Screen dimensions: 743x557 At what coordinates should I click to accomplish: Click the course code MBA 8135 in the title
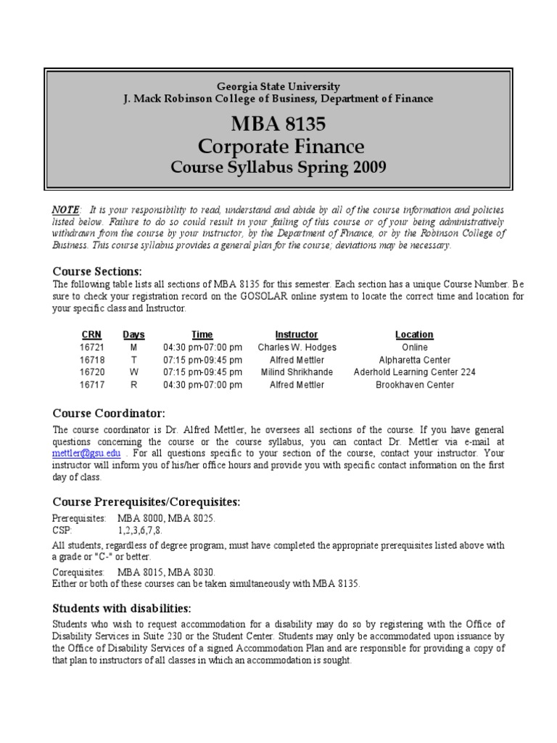pyautogui.click(x=278, y=123)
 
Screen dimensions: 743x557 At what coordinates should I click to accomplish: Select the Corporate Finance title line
pyautogui.click(x=278, y=146)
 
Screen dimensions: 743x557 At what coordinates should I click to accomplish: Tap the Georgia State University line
pyautogui.click(x=278, y=86)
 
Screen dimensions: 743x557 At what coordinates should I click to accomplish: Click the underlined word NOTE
pyautogui.click(x=65, y=209)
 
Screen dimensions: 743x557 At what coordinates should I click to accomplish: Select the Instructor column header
pyautogui.click(x=297, y=334)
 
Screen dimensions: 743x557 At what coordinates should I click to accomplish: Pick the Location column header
pyautogui.click(x=414, y=334)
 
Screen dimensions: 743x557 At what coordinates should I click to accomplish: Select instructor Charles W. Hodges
pyautogui.click(x=297, y=348)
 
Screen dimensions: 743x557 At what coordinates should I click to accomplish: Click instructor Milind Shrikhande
pyautogui.click(x=297, y=372)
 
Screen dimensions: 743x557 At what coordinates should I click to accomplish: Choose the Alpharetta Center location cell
pyautogui.click(x=414, y=360)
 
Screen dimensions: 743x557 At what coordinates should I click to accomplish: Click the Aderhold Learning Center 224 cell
pyautogui.click(x=414, y=372)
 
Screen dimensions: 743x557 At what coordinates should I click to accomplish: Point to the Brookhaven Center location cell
pyautogui.click(x=414, y=385)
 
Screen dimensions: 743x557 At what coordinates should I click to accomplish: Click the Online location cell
pyautogui.click(x=414, y=348)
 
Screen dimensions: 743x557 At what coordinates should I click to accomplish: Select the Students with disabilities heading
pyautogui.click(x=122, y=608)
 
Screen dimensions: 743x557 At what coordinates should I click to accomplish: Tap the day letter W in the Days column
pyautogui.click(x=133, y=372)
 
